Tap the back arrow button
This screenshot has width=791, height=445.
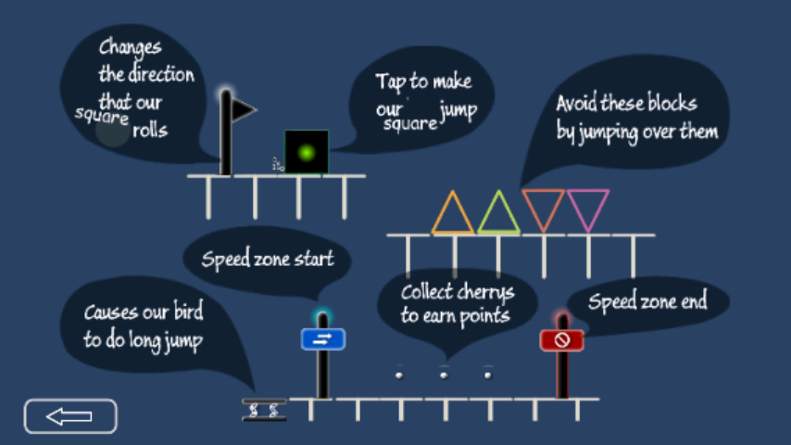[70, 416]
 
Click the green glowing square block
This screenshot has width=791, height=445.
[307, 151]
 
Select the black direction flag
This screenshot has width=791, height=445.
[242, 111]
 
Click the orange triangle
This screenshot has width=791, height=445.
[453, 215]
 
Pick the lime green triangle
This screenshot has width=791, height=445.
[498, 215]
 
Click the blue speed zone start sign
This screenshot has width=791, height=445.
[322, 339]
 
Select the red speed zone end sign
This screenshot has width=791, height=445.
[561, 340]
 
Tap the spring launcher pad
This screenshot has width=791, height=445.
[264, 409]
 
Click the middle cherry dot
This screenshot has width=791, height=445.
[444, 375]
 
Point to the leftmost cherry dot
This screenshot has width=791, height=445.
[399, 375]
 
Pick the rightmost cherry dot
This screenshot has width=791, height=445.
[488, 375]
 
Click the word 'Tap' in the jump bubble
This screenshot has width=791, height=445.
[390, 82]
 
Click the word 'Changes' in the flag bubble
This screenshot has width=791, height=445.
[130, 48]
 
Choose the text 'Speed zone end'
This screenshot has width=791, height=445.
[647, 301]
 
